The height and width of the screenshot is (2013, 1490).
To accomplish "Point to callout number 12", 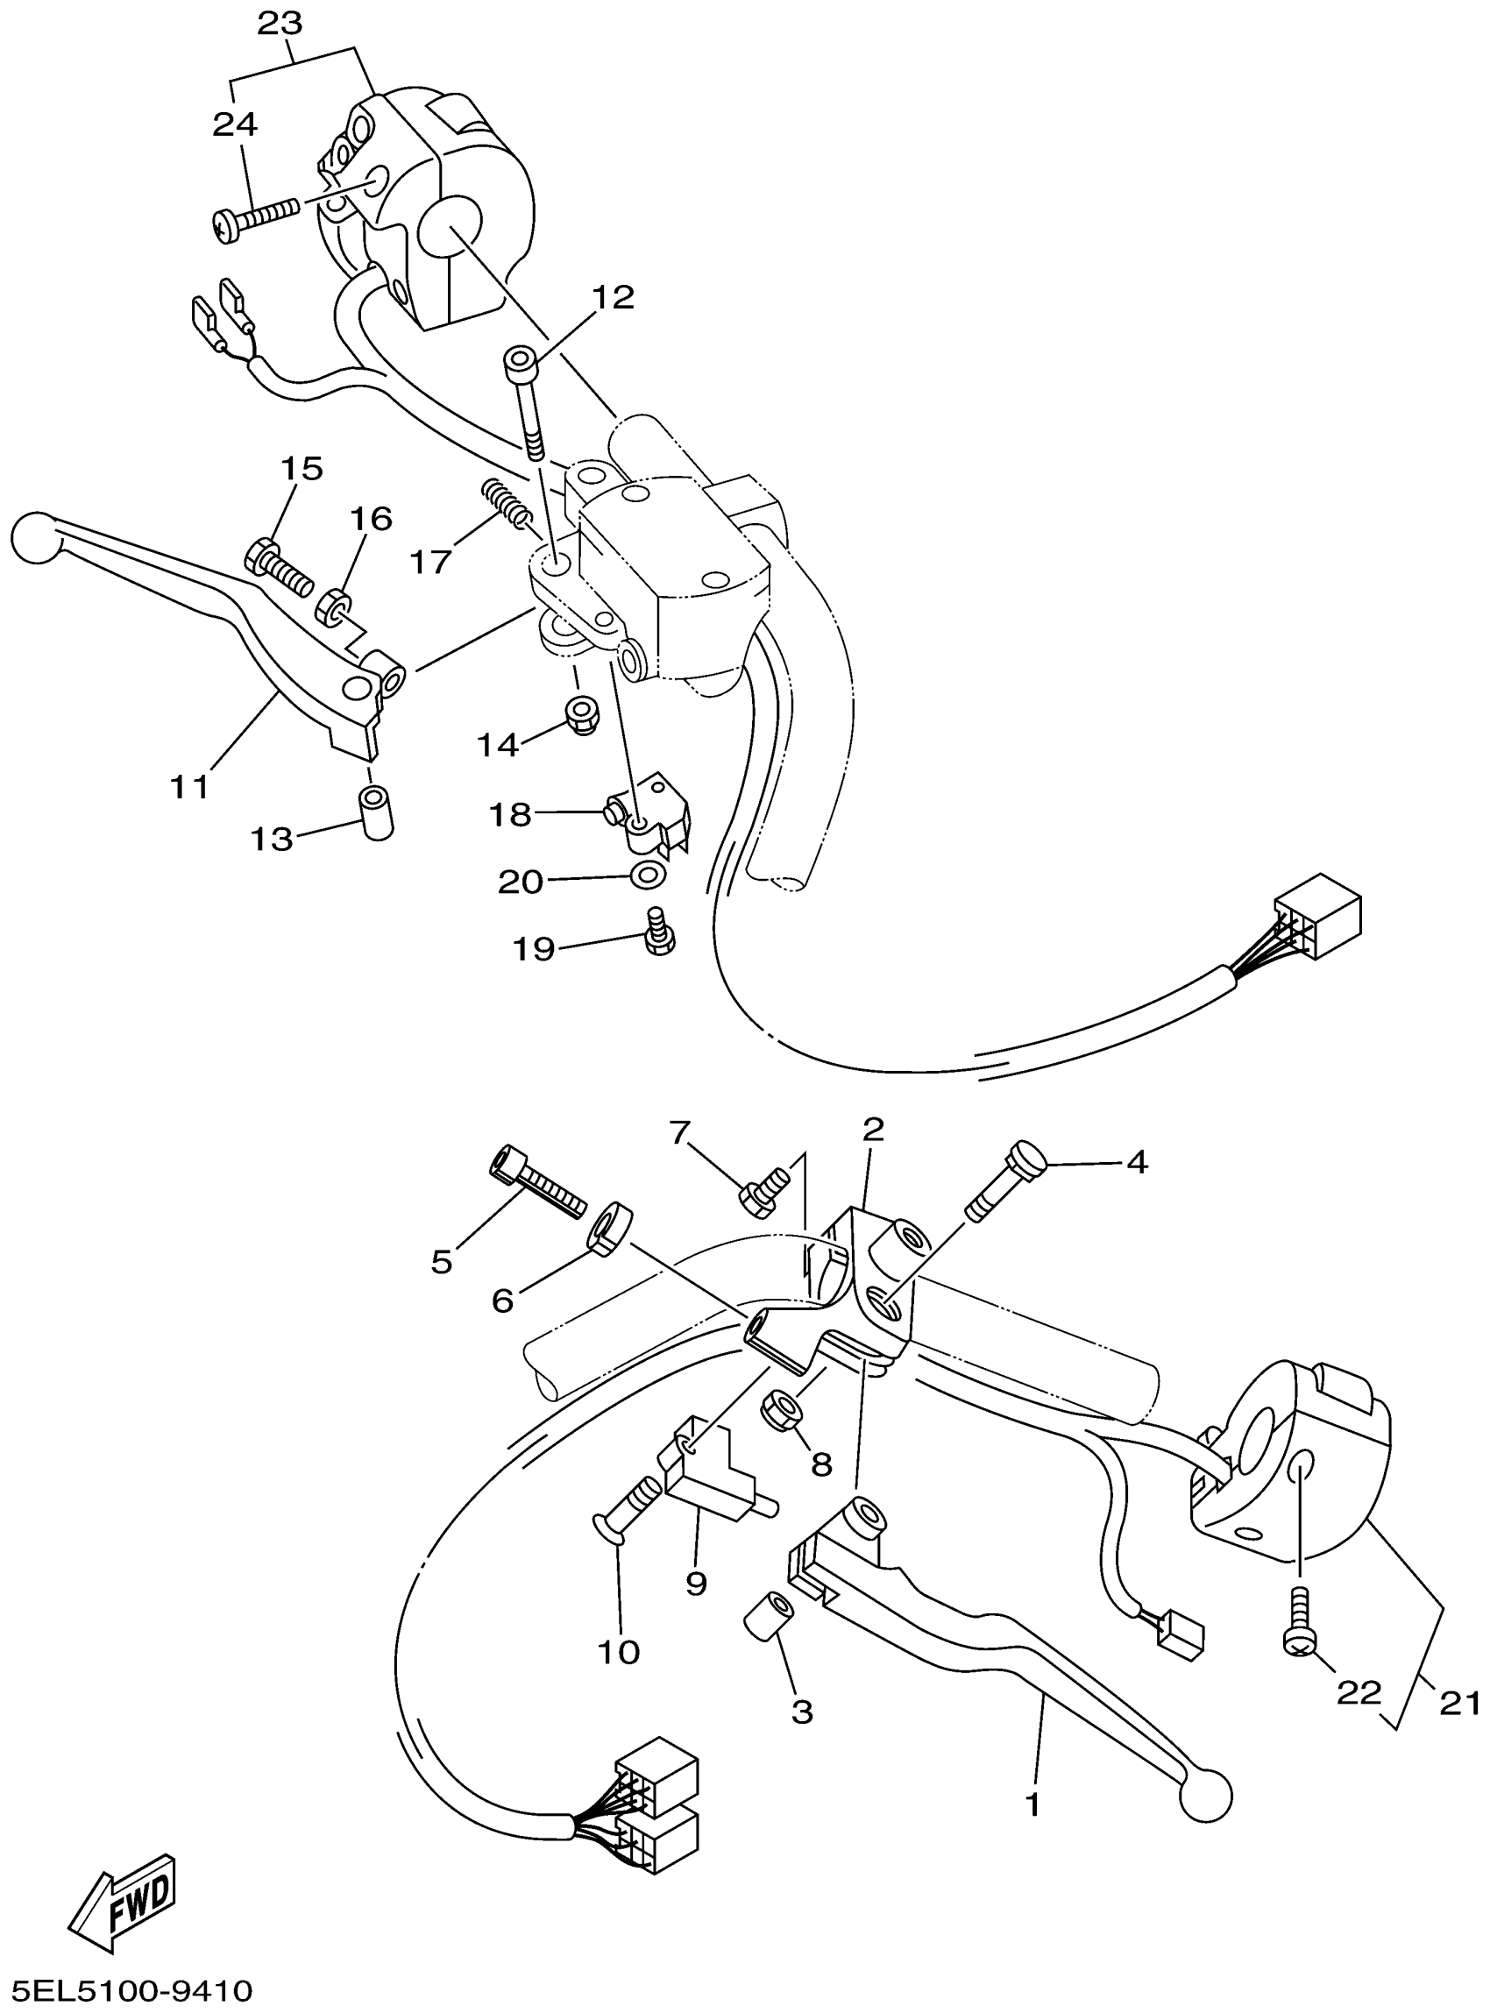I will tap(614, 297).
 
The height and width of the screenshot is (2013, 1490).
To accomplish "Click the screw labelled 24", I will tap(258, 217).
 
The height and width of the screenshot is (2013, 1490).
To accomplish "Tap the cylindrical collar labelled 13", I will tap(377, 812).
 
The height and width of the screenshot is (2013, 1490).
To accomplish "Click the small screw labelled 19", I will tap(659, 932).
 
